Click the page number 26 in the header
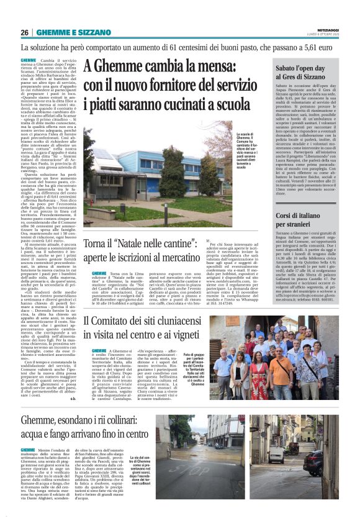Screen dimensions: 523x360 25,32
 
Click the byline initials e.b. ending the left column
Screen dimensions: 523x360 71,416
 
